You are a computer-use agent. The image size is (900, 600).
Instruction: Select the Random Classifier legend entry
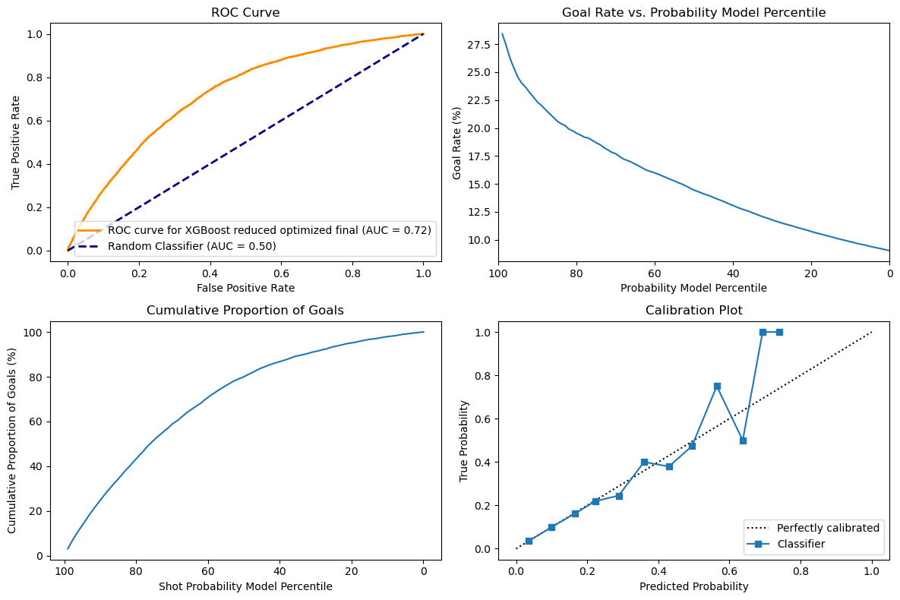point(191,246)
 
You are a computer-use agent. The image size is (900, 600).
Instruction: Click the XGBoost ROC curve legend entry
point(270,230)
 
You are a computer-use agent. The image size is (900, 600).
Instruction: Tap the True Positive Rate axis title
point(15,142)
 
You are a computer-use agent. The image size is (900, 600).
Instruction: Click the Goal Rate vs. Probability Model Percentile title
point(693,12)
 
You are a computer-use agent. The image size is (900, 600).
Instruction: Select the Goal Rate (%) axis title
point(457,142)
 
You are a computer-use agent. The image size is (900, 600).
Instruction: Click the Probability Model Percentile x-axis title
point(693,288)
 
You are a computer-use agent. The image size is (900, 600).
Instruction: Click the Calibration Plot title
point(693,311)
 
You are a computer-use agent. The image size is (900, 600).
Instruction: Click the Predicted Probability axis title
point(693,586)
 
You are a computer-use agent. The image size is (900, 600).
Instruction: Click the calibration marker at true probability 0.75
point(717,386)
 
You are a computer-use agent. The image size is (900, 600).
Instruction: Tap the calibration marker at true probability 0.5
point(743,441)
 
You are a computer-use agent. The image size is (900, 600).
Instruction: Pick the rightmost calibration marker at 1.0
point(779,332)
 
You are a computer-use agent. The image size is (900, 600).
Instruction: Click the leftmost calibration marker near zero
point(529,541)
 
